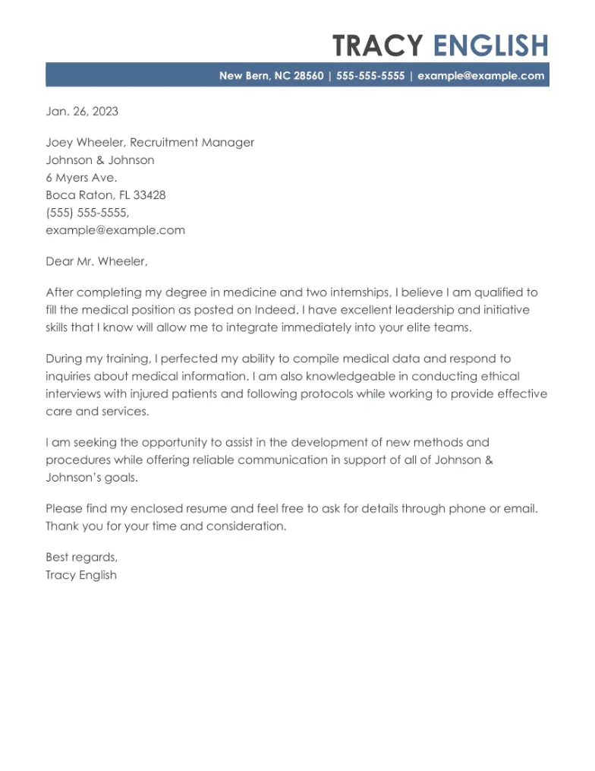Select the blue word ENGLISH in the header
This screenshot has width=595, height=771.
coord(490,46)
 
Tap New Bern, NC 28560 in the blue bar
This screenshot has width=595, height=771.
coord(271,75)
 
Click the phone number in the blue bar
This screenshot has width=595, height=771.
coord(370,75)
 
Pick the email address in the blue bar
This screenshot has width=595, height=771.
coord(480,75)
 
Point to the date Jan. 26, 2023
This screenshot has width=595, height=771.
coord(82,112)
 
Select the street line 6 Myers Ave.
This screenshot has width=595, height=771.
coord(81,178)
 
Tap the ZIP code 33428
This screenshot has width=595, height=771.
coord(150,195)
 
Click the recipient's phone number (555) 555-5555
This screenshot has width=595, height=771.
coord(87,213)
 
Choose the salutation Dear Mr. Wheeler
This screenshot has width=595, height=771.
coord(96,261)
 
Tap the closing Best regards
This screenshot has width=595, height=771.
coord(81,557)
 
